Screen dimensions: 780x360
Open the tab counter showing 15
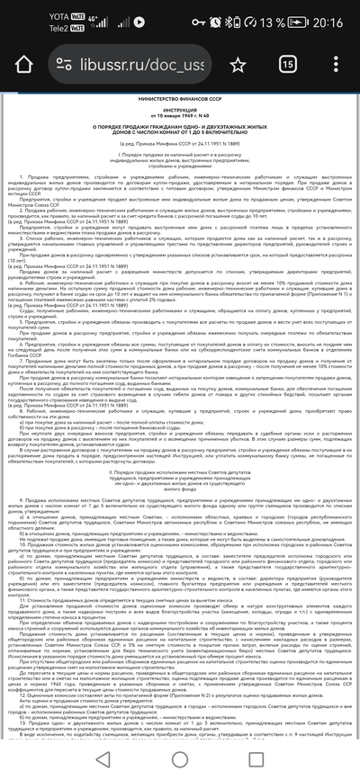[289, 64]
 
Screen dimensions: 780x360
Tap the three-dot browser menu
[337, 64]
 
